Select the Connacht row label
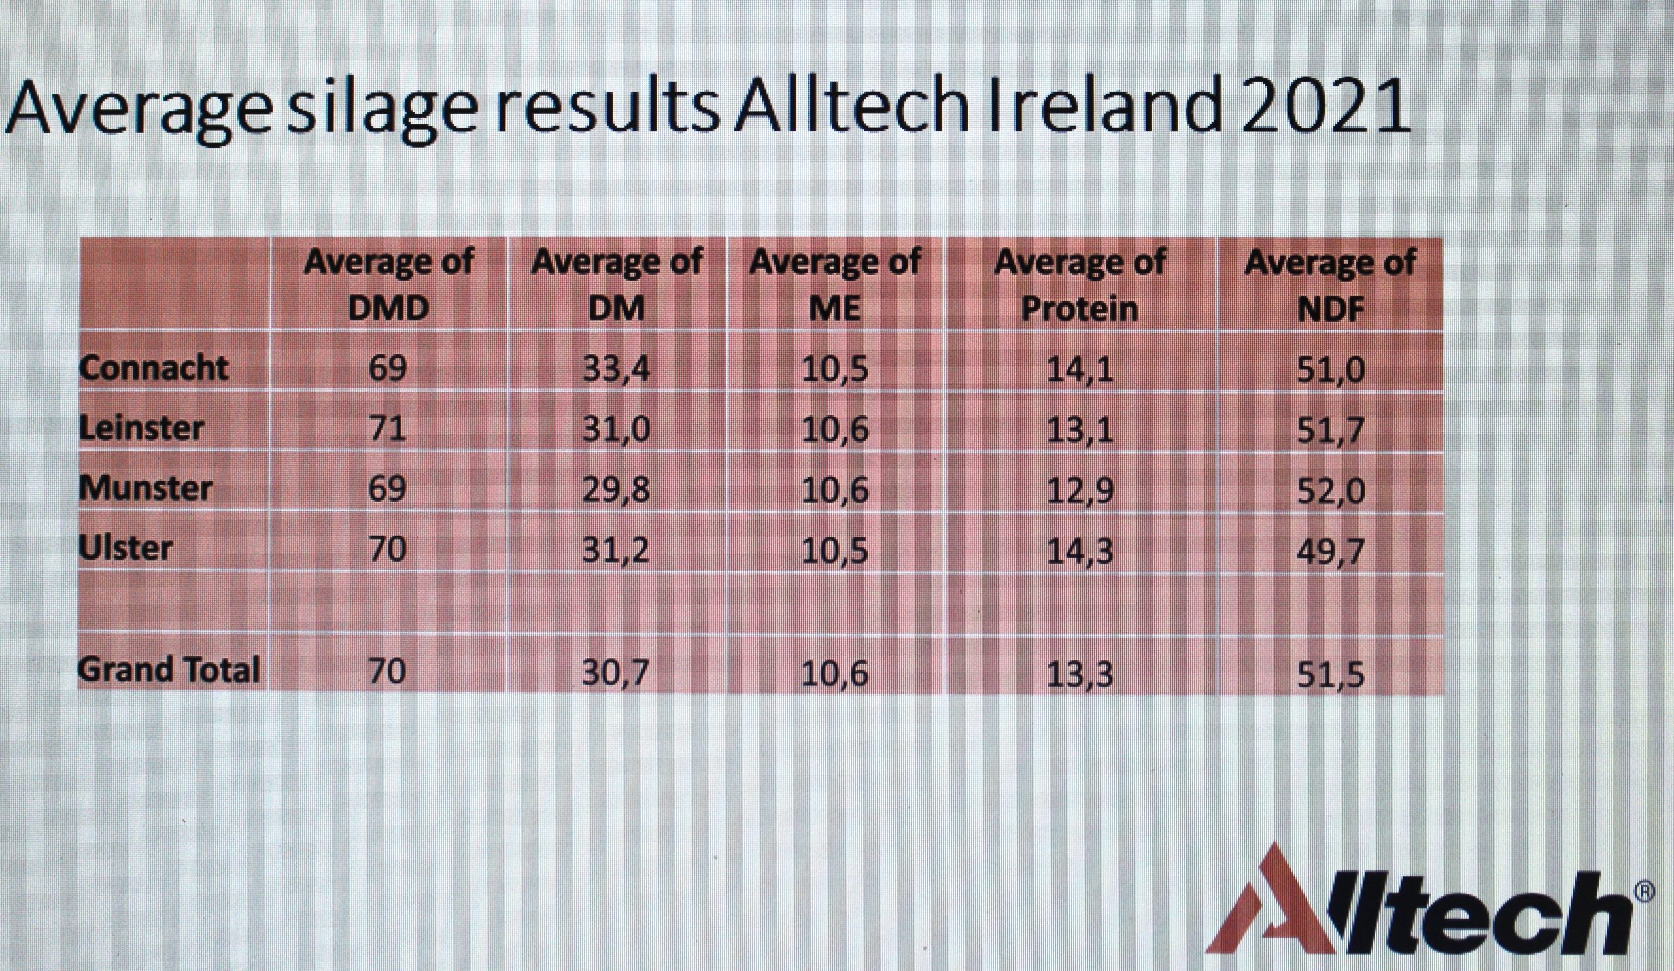click(154, 367)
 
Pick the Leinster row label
click(141, 427)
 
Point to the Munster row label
click(145, 488)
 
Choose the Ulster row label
click(125, 548)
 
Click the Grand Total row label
click(169, 670)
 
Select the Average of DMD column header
click(389, 285)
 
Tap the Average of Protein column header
click(1080, 285)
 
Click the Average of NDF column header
click(1331, 285)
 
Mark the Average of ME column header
click(835, 285)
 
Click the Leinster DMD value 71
click(387, 429)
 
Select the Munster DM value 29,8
click(617, 490)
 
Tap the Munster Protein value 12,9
click(1080, 490)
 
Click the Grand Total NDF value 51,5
click(1331, 673)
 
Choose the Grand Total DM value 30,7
click(616, 672)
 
